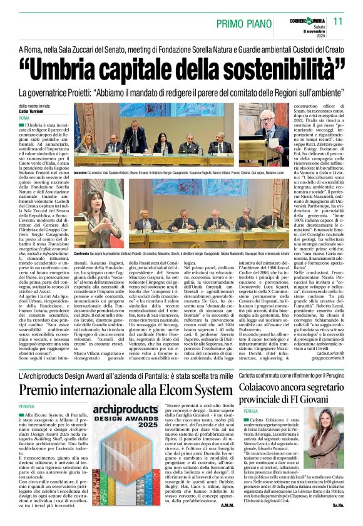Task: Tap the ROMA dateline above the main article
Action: [24, 118]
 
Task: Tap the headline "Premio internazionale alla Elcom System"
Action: [125, 391]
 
